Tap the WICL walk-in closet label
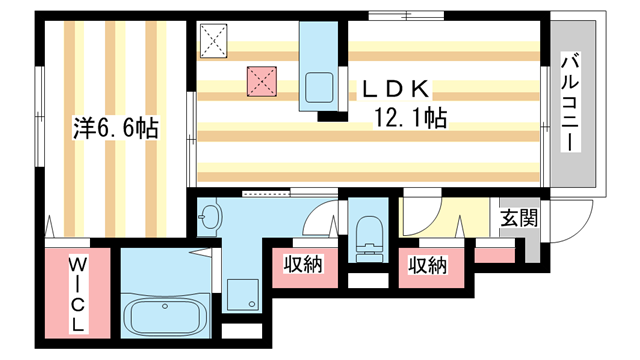(x=76, y=296)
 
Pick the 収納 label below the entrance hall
(x=427, y=266)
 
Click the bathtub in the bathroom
(x=166, y=317)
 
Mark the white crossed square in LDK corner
(x=214, y=41)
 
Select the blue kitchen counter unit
(x=321, y=66)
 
